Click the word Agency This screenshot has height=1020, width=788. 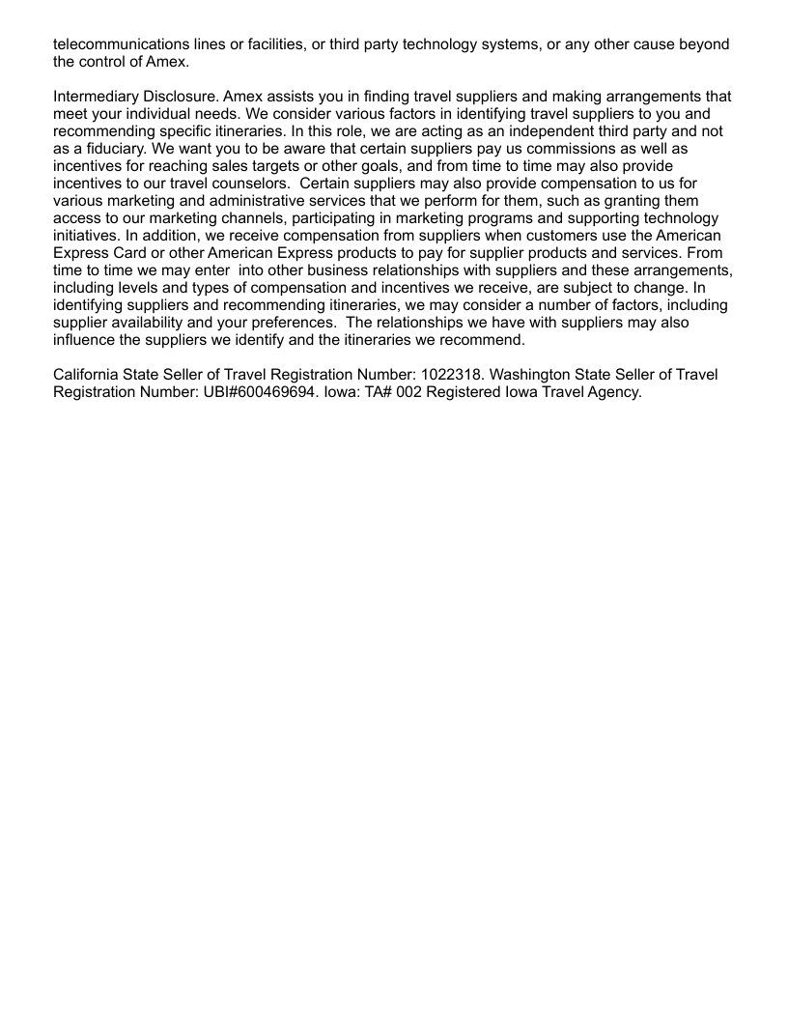614,392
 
